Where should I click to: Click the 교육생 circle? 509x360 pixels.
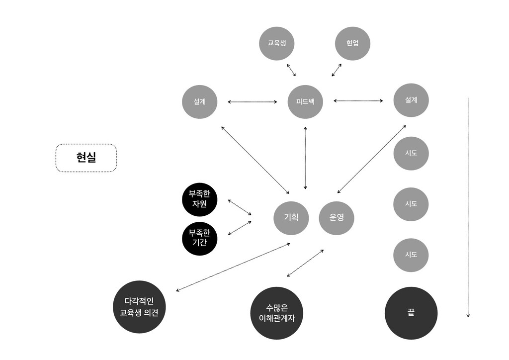(x=277, y=43)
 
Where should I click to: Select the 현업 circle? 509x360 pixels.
(x=352, y=43)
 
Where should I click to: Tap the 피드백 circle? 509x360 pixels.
(x=305, y=101)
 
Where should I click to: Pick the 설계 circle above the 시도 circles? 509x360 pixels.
(x=411, y=100)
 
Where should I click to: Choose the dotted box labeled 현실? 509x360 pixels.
(x=86, y=158)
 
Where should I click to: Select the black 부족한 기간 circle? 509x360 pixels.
(x=199, y=238)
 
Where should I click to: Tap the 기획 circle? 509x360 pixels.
(x=291, y=217)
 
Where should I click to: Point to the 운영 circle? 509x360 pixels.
(x=337, y=217)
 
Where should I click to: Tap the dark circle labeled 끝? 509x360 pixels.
(x=411, y=313)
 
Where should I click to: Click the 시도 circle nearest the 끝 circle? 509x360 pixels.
(x=411, y=255)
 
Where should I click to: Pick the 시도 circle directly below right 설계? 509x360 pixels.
(x=411, y=153)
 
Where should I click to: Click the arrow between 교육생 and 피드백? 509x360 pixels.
(x=291, y=70)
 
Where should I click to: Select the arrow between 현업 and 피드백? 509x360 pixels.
(x=337, y=70)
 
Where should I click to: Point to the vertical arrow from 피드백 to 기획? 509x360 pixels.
(x=305, y=158)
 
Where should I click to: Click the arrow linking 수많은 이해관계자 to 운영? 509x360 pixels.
(x=305, y=263)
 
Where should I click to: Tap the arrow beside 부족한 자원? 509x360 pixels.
(x=240, y=207)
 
